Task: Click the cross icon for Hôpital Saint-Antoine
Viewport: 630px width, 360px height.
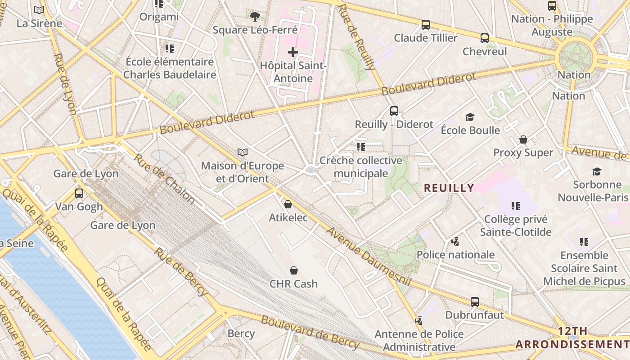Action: pos(293,52)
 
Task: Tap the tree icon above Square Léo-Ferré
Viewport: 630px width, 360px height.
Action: pos(255,17)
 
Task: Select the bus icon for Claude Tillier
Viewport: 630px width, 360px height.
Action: pos(425,25)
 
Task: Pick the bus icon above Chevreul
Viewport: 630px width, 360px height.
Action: pos(485,38)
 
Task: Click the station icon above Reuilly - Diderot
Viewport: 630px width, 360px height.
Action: pos(394,111)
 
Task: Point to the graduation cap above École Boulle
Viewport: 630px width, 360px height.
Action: pos(470,117)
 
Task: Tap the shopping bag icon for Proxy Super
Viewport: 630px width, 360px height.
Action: pos(523,139)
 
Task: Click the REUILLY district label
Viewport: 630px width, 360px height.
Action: pos(449,188)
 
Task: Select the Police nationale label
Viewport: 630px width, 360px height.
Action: pos(455,255)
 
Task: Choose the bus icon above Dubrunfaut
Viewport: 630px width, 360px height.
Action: pos(475,302)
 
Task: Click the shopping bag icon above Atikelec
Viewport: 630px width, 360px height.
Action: pos(288,204)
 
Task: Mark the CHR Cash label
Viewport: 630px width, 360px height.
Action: pos(293,284)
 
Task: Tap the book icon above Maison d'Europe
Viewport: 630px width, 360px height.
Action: pos(243,153)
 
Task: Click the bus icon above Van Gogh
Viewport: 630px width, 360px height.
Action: pos(79,193)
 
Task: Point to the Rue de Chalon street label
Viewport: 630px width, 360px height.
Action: pos(164,179)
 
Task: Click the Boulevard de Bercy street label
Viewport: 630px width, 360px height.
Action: pos(310,333)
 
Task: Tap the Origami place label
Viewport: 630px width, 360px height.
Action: pos(159,17)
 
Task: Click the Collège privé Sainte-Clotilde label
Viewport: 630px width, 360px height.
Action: pos(516,226)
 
